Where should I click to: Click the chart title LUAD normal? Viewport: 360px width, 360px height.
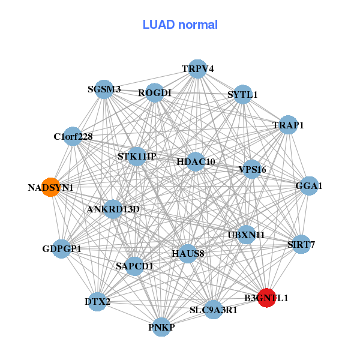[180, 25]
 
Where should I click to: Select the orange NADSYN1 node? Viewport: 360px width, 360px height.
[51, 187]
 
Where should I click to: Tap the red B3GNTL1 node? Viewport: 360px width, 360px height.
[266, 298]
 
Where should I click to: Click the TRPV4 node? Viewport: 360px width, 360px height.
[197, 68]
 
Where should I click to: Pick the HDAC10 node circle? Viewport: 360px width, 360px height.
[196, 161]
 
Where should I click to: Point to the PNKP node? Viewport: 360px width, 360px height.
[161, 327]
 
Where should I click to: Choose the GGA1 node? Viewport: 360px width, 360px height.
[309, 186]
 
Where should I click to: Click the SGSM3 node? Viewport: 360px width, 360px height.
[104, 89]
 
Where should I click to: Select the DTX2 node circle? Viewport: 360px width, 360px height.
[98, 302]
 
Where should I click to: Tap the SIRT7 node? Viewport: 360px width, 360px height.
[301, 244]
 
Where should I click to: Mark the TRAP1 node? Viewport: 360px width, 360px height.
[288, 125]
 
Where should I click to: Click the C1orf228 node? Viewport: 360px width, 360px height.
[73, 136]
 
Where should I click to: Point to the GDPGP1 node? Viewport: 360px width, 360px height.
[61, 248]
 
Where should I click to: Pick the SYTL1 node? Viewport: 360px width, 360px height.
[242, 94]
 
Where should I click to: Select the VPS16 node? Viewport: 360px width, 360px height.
[252, 169]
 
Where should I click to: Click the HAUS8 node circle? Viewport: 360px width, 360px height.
[188, 253]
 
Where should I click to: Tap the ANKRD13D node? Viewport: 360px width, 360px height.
[113, 209]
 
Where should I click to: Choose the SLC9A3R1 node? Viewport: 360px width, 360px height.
[214, 310]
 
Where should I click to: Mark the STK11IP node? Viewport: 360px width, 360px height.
[137, 157]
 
